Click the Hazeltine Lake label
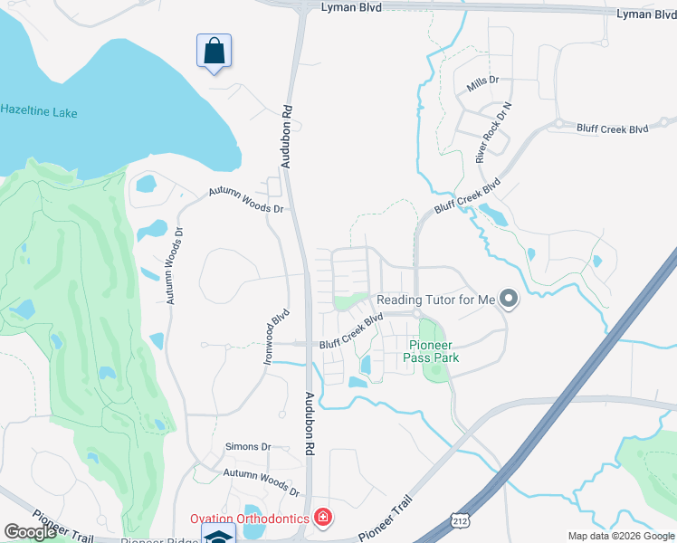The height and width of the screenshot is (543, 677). coord(38,112)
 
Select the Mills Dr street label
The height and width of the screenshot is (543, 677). coord(482,86)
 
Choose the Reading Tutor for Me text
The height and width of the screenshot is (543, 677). coord(436,300)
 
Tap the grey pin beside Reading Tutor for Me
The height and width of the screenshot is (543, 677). coord(509,299)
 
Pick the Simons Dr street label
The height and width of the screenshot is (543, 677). coord(248,447)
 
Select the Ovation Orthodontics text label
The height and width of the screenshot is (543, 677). coord(249,519)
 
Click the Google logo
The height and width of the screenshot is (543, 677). coord(31,532)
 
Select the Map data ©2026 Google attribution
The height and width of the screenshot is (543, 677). coord(621,536)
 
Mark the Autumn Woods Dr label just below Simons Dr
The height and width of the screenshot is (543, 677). coord(262,481)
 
